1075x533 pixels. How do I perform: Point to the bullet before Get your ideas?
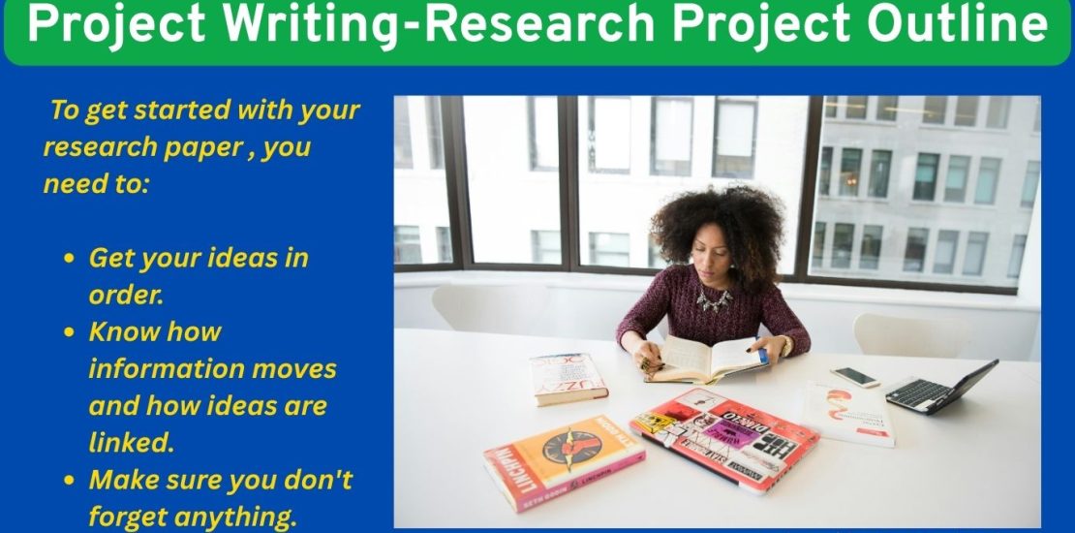tap(69, 259)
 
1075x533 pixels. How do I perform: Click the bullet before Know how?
tap(69, 332)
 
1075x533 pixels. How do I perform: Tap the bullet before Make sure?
tap(69, 480)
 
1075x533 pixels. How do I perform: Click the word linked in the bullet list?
tap(131, 443)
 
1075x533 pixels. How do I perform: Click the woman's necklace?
tap(714, 299)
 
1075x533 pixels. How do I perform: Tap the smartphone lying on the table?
tap(855, 377)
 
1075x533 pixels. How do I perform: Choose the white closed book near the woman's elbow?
tap(568, 377)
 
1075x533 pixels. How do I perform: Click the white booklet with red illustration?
tap(848, 413)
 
